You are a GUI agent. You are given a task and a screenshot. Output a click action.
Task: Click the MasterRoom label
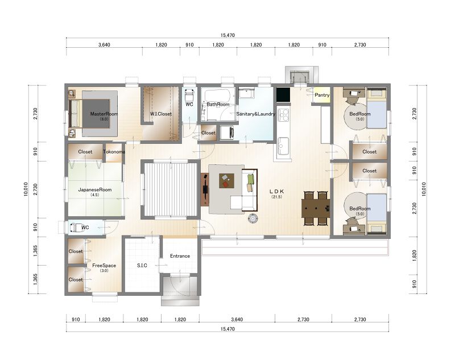(104, 114)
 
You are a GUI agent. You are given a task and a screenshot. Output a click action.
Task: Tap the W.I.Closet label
(161, 114)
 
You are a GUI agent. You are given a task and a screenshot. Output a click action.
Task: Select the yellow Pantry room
(321, 95)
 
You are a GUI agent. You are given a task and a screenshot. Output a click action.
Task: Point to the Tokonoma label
(114, 152)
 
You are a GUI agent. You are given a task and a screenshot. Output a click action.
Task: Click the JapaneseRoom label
(95, 190)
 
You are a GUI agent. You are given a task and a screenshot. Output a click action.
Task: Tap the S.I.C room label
(142, 266)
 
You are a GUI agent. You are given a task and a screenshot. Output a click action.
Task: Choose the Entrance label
(180, 256)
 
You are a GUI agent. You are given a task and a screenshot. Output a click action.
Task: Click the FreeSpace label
(104, 266)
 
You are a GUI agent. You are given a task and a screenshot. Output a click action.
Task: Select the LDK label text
(277, 192)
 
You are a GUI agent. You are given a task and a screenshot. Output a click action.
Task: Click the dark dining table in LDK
(316, 208)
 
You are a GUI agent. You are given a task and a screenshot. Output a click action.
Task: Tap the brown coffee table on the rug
(226, 181)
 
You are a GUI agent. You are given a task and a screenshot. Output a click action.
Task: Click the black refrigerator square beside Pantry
(283, 95)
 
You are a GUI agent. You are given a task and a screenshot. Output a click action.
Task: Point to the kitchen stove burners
(283, 114)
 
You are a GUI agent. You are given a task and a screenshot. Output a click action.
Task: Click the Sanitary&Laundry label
(255, 114)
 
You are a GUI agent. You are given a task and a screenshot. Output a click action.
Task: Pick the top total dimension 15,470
(227, 35)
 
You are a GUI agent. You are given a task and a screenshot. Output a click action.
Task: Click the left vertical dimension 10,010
(26, 189)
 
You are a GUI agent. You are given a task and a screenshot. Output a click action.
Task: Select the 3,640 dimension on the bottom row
(237, 320)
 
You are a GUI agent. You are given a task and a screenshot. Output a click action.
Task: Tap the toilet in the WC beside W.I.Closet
(189, 94)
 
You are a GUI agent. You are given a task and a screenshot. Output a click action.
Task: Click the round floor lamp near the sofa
(253, 218)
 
